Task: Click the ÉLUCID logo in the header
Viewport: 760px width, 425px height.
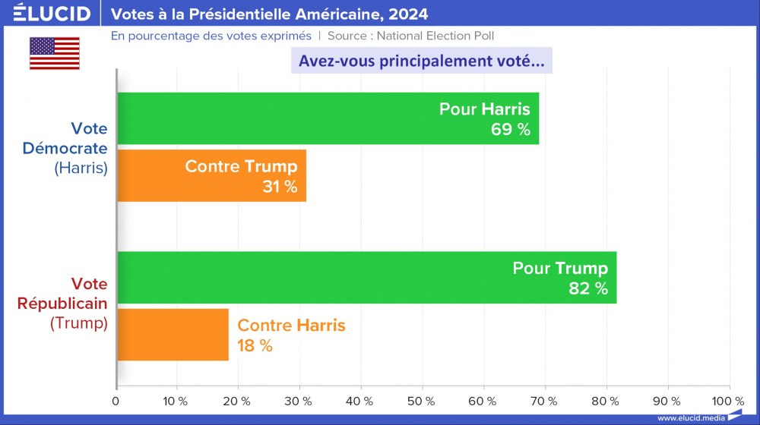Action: pos(52,14)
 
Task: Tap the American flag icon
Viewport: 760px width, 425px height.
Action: pos(54,53)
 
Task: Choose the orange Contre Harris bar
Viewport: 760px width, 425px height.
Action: pos(172,335)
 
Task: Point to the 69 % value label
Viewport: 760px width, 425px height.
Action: pos(510,129)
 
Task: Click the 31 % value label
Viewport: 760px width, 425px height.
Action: pos(280,187)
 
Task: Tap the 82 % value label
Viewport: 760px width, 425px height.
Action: pos(588,288)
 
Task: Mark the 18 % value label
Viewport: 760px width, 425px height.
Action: pos(255,345)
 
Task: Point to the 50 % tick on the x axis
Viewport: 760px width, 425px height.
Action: pos(423,400)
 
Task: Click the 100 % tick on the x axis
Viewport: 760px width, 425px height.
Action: pos(729,400)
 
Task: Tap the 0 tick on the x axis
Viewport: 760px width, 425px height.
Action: pos(116,400)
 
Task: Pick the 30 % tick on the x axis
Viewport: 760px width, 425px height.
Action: pos(299,400)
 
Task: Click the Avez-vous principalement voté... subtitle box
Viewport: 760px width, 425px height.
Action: pos(421,61)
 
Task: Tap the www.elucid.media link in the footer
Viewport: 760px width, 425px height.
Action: pos(690,417)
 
